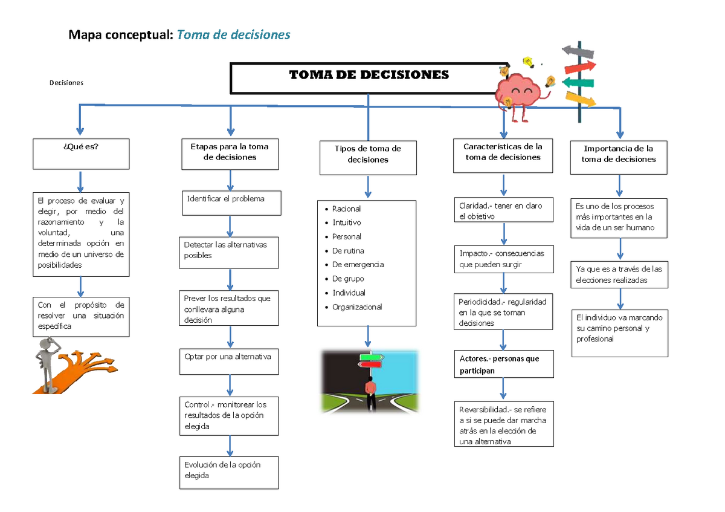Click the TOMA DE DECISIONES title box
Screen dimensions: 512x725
point(369,78)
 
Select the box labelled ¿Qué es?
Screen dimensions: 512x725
point(81,154)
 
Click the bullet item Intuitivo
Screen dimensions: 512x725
point(347,222)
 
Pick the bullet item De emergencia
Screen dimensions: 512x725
point(358,265)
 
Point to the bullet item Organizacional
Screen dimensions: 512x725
point(357,307)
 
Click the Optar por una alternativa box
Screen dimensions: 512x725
point(229,361)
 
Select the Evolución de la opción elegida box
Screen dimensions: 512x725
point(229,472)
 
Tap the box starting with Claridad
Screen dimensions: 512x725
point(503,210)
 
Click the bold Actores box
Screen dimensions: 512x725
point(503,365)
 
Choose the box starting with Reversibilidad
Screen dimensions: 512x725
point(503,425)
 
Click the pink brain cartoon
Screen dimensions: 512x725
point(517,91)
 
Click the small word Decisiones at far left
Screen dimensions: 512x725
point(66,83)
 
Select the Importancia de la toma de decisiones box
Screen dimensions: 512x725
point(618,157)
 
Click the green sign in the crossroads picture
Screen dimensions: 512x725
point(370,357)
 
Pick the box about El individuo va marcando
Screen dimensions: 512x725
point(619,332)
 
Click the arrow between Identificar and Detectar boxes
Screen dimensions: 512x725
point(230,227)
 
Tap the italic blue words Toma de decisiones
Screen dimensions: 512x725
point(233,35)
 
